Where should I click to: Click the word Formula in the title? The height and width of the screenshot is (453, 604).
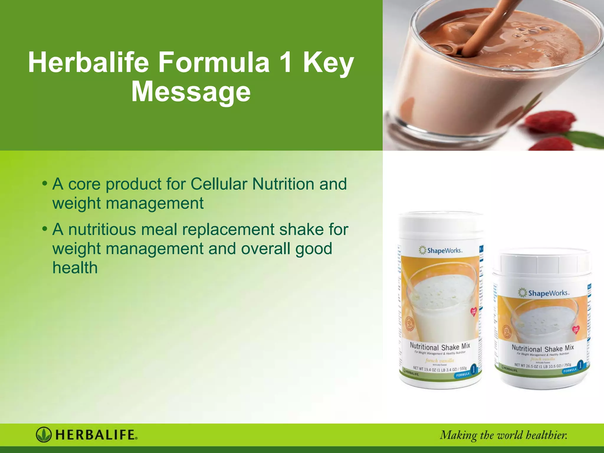tap(214, 62)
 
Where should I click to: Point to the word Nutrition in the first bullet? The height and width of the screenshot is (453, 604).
tap(283, 184)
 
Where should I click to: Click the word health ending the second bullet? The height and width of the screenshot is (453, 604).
tap(75, 268)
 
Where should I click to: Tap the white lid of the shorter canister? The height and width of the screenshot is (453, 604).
tap(543, 261)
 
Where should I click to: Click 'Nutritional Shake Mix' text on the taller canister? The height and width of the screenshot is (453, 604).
tap(440, 346)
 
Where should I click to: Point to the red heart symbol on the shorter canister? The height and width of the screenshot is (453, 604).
tap(575, 329)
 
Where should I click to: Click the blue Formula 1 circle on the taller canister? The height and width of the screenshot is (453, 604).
tap(474, 369)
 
